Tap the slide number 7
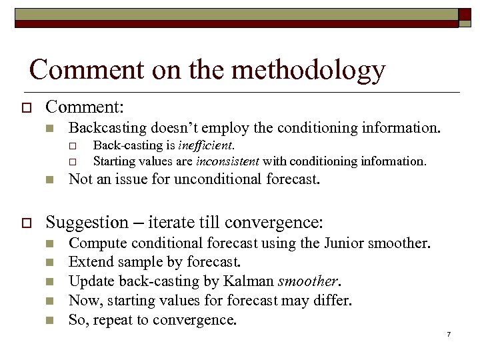449,333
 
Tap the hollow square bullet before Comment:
27,107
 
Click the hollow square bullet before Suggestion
27,221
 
